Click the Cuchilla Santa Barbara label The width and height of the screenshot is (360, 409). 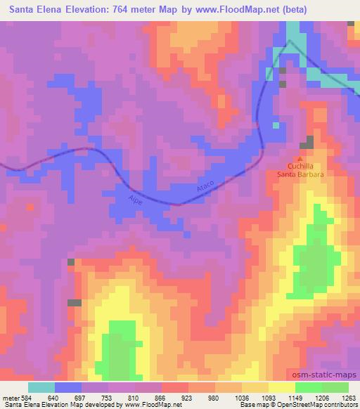[304, 169]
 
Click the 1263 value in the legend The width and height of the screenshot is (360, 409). [347, 396]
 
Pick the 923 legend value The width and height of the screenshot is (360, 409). [187, 396]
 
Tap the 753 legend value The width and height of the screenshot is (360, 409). [108, 396]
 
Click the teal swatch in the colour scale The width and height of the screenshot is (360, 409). [41, 387]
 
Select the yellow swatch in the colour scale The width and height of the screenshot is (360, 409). [281, 387]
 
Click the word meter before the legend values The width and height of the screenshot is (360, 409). [10, 396]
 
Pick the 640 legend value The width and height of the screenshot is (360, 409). [53, 396]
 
